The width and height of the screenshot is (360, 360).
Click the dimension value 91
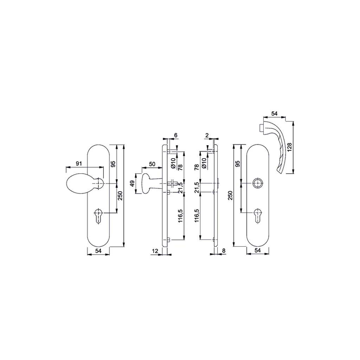(79, 163)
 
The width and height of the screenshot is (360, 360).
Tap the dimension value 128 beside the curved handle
(289, 147)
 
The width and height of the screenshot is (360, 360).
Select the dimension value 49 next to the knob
(132, 184)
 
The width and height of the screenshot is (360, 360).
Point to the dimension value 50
(152, 164)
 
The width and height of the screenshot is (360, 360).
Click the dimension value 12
(155, 251)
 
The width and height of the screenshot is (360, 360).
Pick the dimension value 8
(224, 251)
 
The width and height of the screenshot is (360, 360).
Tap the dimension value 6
(176, 135)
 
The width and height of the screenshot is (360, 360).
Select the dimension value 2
(207, 135)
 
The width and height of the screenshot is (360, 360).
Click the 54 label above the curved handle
(274, 114)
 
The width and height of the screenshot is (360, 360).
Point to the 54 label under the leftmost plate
(98, 251)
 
